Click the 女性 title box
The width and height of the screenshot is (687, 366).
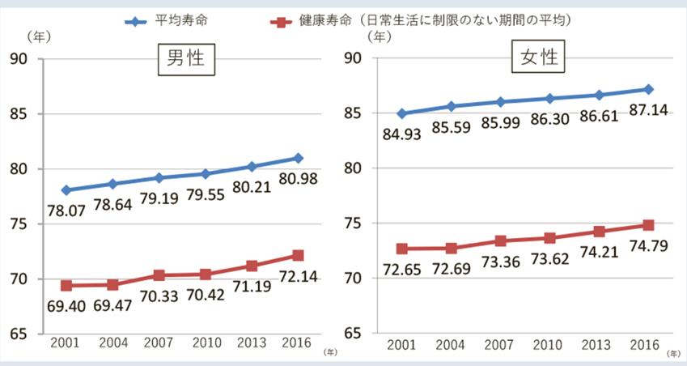[x=538, y=59]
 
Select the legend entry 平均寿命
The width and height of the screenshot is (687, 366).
[x=187, y=20]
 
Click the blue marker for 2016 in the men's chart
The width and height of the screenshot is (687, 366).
[x=299, y=158]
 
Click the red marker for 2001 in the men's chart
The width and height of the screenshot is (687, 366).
[x=66, y=286]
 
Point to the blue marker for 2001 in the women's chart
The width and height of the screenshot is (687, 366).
[x=401, y=113]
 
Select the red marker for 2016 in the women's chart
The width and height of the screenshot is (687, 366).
[x=648, y=225]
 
